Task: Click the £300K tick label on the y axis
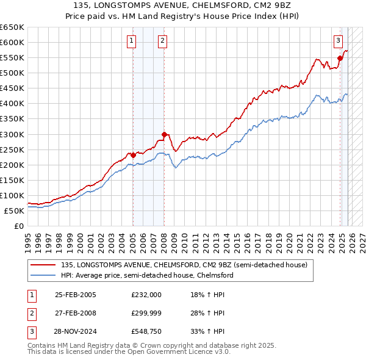point(12,134)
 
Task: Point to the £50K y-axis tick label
point(13,211)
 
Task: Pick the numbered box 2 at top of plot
point(162,41)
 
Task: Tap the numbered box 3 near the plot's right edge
point(337,41)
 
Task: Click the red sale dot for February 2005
point(133,155)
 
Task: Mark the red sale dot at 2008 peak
point(164,134)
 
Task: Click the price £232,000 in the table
point(146,295)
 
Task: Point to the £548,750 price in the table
point(146,331)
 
